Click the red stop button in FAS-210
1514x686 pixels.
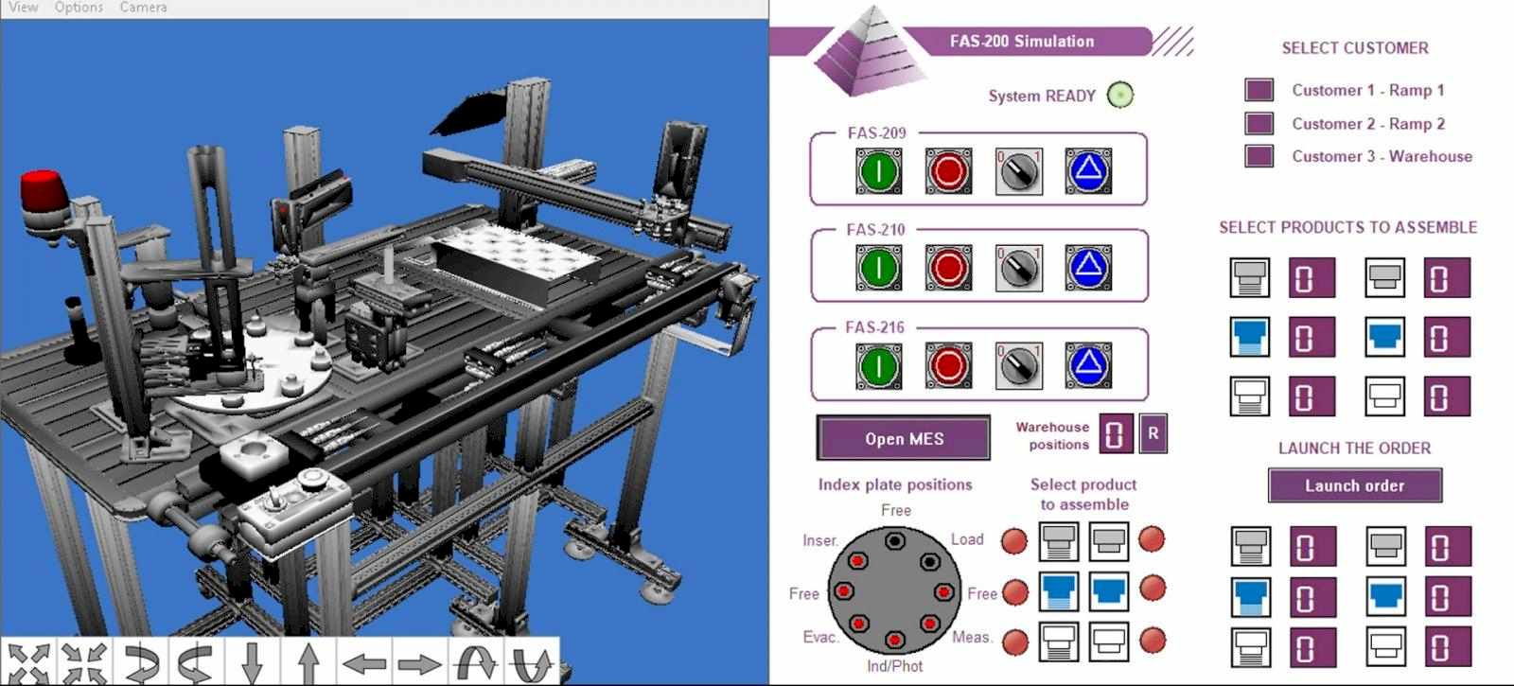(x=948, y=269)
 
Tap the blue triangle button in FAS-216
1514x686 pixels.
(x=1087, y=365)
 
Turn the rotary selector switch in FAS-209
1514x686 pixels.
(x=1018, y=171)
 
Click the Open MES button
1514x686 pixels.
(x=904, y=439)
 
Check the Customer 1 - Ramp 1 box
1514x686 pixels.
(x=1259, y=90)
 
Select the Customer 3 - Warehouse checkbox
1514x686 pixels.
(x=1259, y=156)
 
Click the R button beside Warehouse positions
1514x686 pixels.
(x=1153, y=433)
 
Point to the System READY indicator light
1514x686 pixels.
(x=1120, y=95)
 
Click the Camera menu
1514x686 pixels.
(x=143, y=8)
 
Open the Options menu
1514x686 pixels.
(x=79, y=8)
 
